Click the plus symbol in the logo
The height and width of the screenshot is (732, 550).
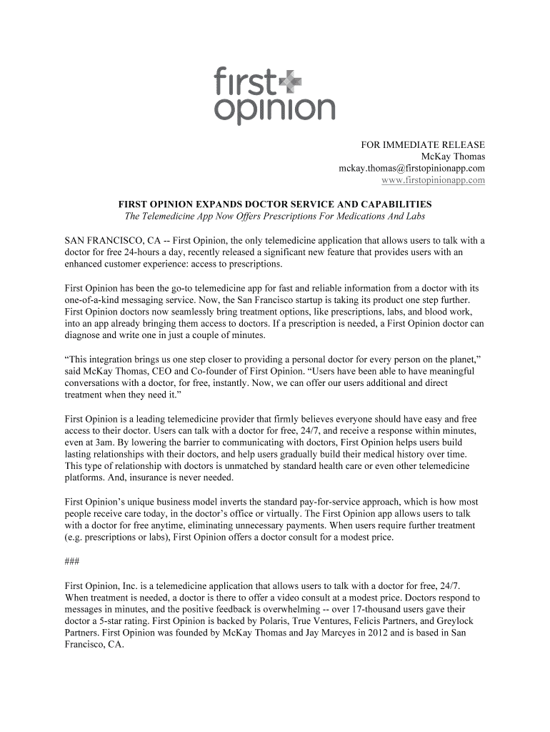[291, 84]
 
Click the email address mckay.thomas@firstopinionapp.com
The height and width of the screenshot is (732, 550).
[411, 168]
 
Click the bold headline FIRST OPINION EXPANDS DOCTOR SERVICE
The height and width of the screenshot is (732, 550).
[275, 204]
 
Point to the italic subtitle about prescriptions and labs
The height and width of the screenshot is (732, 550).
[275, 217]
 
